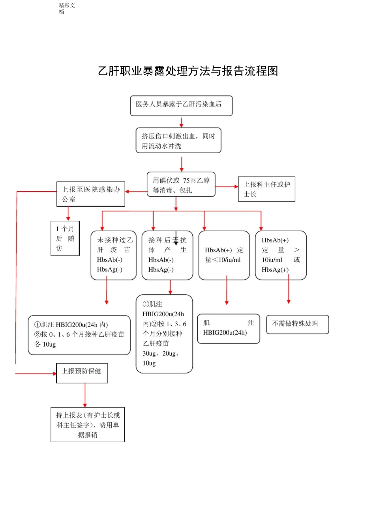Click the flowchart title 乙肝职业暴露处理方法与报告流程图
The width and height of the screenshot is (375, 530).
(x=188, y=71)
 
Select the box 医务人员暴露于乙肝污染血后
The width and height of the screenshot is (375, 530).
(x=181, y=105)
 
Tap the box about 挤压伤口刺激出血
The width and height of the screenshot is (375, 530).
(x=178, y=140)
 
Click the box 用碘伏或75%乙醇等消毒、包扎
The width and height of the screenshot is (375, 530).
(x=181, y=185)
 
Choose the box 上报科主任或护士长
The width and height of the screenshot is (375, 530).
(x=266, y=189)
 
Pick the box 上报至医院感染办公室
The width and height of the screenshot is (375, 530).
(x=91, y=194)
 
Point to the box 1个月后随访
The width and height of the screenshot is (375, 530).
(x=65, y=238)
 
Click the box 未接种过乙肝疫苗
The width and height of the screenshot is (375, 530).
(x=114, y=255)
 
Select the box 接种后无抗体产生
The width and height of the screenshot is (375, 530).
(x=167, y=255)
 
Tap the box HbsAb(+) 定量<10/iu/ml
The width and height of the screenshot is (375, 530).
(x=224, y=255)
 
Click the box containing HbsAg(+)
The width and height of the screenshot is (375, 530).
(x=281, y=255)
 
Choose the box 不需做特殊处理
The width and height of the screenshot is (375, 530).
(x=297, y=324)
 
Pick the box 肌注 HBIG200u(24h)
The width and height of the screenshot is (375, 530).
(x=229, y=328)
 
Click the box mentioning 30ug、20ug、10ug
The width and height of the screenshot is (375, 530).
(x=164, y=334)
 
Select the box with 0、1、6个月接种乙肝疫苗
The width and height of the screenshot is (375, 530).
(x=79, y=335)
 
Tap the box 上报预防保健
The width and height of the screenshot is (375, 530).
(x=82, y=373)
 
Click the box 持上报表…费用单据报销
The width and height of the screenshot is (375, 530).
(x=88, y=425)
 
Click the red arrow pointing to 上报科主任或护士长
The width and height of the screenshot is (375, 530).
(x=227, y=187)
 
